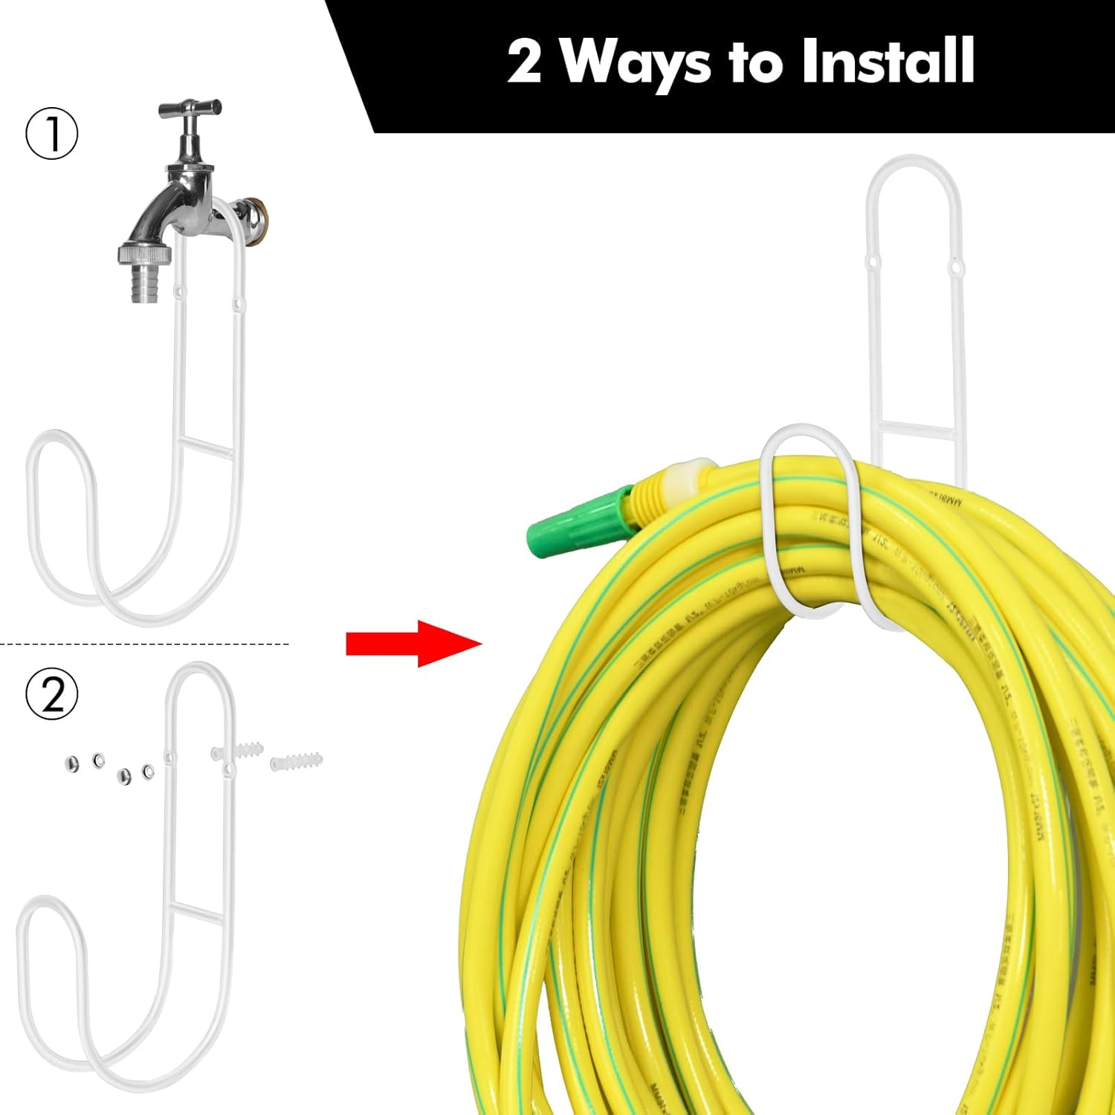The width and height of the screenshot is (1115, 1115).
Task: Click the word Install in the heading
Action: point(888,62)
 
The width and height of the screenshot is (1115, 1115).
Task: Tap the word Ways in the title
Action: point(636,63)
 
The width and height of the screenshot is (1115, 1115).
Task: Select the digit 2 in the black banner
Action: point(524,62)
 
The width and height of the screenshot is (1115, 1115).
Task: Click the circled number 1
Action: point(52,134)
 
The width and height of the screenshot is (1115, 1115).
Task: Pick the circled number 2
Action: point(52,694)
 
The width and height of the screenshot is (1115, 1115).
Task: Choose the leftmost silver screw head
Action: point(73,764)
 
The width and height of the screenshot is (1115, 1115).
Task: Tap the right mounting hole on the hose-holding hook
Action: point(954,265)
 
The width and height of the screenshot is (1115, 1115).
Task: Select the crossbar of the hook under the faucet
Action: point(209,447)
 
